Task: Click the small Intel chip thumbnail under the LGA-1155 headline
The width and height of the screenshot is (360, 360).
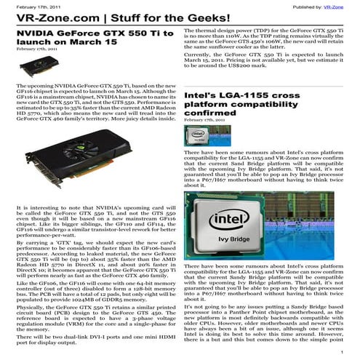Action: pos(199,135)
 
